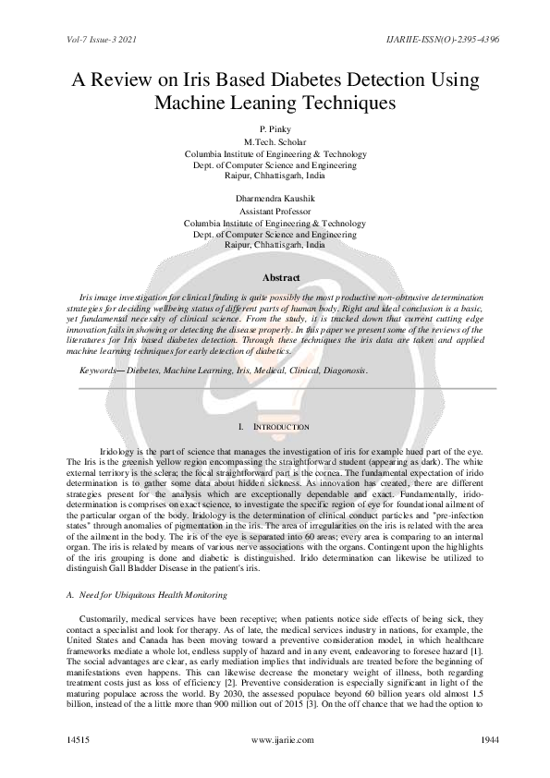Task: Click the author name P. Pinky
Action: point(275,129)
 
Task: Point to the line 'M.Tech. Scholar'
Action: point(275,141)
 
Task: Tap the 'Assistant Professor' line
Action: point(275,211)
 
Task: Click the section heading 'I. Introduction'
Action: point(274,427)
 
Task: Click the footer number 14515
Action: point(80,740)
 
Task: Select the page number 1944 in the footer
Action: point(471,740)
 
